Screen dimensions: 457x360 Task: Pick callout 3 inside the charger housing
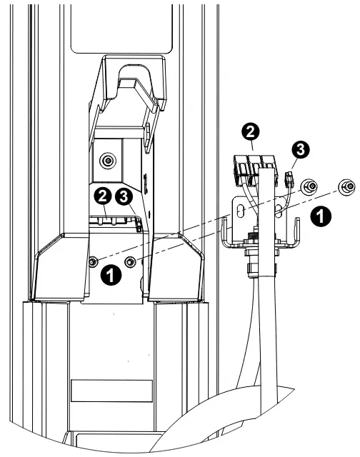(127, 196)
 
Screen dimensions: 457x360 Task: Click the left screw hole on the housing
(94, 263)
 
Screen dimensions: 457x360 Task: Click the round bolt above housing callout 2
(108, 159)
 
